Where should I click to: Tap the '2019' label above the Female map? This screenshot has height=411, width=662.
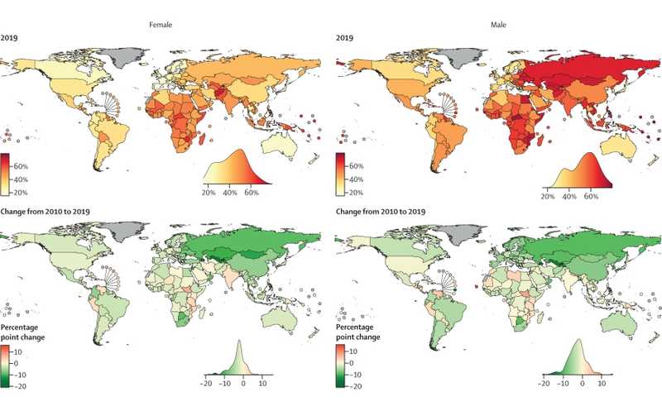click(x=10, y=36)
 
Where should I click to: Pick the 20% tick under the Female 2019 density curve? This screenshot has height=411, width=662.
click(x=210, y=193)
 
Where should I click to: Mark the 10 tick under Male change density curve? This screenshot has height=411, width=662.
click(x=602, y=384)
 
